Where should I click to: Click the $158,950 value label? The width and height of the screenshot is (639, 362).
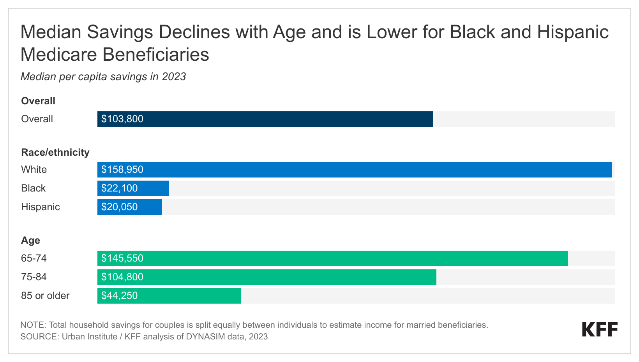[122, 170]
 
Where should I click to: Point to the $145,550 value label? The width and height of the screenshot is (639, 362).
[122, 258]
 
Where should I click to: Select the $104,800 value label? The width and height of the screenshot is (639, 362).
[122, 277]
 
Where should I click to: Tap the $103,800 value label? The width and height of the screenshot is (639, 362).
[122, 119]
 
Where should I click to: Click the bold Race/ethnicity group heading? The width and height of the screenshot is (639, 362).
[55, 152]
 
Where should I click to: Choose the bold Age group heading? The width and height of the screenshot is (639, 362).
[30, 240]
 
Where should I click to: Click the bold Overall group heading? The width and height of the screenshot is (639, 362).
[38, 101]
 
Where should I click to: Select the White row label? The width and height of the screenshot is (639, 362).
[34, 170]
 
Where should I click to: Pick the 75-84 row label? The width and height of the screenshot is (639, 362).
[34, 277]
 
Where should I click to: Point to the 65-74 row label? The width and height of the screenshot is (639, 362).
[34, 258]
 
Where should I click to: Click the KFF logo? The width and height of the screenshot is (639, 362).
[600, 330]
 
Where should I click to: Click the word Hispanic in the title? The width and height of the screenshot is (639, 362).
[573, 32]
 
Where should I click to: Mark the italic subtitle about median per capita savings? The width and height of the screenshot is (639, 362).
[103, 77]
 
